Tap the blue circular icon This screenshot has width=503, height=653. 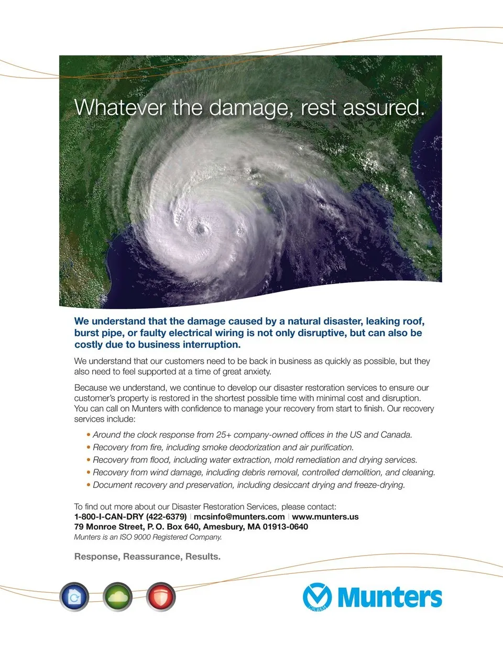coord(74,596)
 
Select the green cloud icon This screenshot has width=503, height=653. coord(117,596)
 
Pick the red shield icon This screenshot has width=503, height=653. coord(161,596)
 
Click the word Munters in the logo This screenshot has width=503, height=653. coord(390,597)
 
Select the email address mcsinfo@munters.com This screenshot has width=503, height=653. coord(239,516)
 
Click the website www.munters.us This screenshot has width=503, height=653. coord(325,516)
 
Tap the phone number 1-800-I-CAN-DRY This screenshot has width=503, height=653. coord(108,516)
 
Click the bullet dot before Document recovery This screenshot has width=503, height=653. coord(89,485)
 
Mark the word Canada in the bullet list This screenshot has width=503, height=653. coord(396,435)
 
